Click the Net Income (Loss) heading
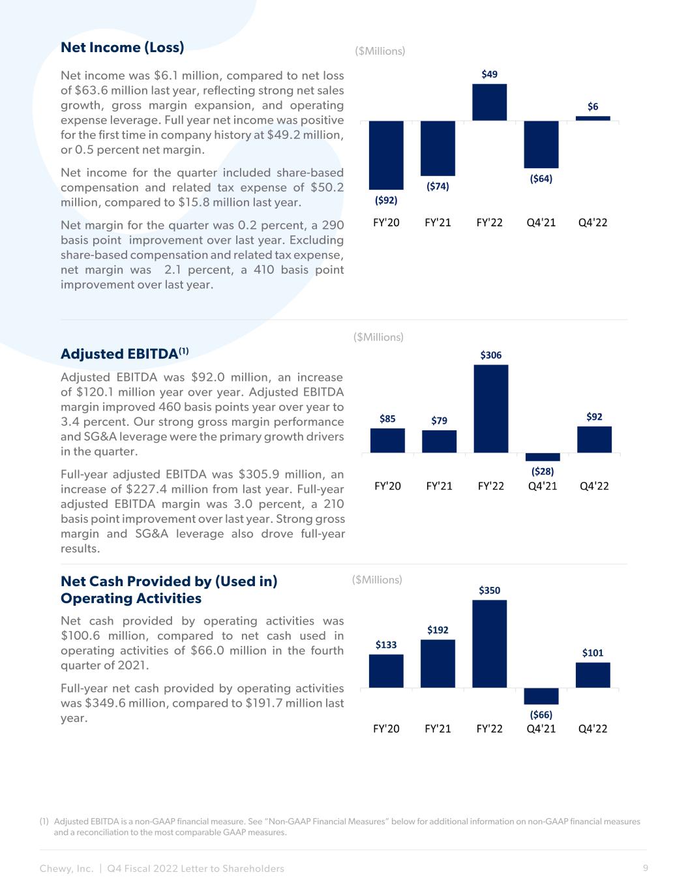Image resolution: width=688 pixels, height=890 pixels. [123, 48]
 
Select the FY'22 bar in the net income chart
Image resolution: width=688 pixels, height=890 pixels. [490, 102]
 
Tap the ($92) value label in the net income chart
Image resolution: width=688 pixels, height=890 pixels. [386, 200]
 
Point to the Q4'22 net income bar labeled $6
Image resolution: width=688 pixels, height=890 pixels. [593, 118]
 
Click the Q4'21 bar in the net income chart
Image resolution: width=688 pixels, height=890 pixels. [541, 144]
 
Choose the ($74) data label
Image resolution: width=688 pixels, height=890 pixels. [438, 186]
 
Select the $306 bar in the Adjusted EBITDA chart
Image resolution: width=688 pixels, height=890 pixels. [491, 408]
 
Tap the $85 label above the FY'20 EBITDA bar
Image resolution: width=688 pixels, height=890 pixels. [387, 419]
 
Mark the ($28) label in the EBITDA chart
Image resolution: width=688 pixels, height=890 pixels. [542, 471]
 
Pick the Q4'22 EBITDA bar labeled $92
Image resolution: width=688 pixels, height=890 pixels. [594, 439]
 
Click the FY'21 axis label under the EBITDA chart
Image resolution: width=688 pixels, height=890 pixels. [439, 486]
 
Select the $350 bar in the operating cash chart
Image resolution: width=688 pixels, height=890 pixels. [490, 644]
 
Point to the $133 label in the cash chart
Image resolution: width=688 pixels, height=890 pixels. [386, 644]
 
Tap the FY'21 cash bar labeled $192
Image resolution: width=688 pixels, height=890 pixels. [438, 663]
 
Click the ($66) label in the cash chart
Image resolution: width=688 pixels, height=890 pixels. [541, 715]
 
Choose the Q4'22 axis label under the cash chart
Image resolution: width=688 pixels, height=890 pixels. [593, 729]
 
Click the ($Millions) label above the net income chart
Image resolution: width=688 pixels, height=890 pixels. [380, 51]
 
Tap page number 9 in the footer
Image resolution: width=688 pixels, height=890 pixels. [645, 868]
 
